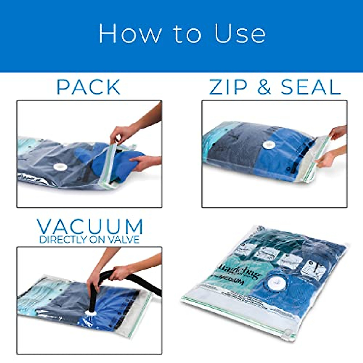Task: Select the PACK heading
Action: (89, 87)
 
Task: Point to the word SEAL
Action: (311, 87)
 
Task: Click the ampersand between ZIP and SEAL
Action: (264, 87)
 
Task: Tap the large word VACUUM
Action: (90, 226)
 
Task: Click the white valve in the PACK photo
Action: (57, 167)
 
